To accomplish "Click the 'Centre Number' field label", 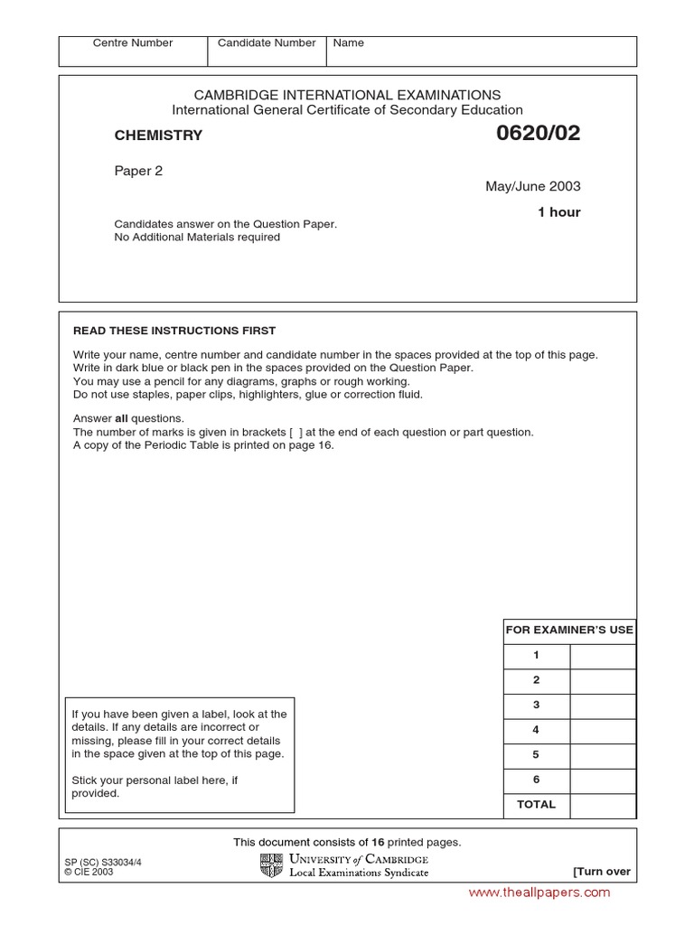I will click(133, 43).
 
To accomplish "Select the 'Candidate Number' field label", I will click(267, 43).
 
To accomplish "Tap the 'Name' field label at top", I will click(349, 43).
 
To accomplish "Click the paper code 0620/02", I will click(538, 134).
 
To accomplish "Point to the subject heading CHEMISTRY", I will click(158, 136).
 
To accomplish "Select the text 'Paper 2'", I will click(138, 171).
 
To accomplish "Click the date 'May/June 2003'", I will click(533, 187).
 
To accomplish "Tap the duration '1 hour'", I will click(558, 212).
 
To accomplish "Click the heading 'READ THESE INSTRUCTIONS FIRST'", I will click(174, 331).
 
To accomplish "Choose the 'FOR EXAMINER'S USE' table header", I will click(569, 631).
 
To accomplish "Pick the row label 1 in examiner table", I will click(536, 656).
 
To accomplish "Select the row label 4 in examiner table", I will click(536, 730).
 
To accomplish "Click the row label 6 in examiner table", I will click(536, 780).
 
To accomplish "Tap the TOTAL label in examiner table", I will click(536, 805).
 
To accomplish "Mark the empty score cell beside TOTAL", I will click(603, 805).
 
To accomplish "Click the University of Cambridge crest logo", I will click(271, 865).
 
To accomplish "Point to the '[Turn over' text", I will click(602, 872).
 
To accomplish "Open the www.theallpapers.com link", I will click(539, 892).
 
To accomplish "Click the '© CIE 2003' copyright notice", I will click(89, 873).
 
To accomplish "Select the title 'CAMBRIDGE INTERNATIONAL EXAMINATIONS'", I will click(348, 95).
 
